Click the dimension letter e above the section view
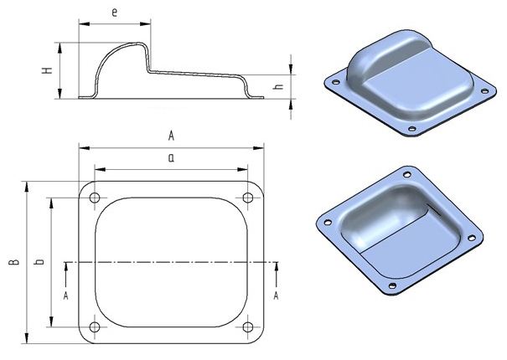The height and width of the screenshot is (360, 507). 114,13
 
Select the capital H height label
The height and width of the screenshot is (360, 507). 48,70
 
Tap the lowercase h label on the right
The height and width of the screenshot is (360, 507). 278,86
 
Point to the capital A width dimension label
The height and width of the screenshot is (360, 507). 171,136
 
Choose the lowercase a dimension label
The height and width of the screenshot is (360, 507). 171,157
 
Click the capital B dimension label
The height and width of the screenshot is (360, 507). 14,262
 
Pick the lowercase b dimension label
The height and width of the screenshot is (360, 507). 39,261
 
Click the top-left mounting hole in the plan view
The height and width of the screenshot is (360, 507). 95,198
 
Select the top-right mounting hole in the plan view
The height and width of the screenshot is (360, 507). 248,198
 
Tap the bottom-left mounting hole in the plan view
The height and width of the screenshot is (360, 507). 95,327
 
